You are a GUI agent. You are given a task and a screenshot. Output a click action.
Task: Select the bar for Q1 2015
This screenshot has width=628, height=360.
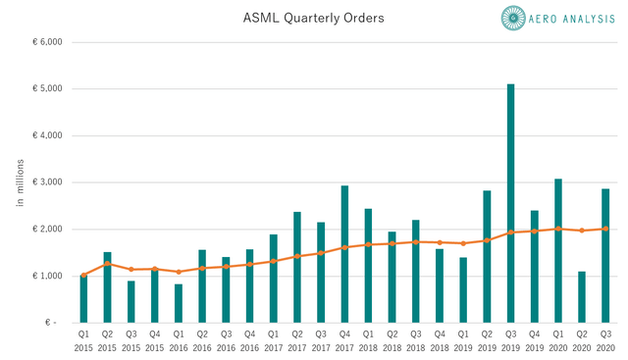point(83,299)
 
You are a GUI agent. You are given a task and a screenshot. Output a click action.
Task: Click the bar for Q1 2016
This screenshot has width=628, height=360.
point(178,303)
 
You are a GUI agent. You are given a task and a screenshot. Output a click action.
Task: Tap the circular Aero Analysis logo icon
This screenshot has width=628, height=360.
point(515,17)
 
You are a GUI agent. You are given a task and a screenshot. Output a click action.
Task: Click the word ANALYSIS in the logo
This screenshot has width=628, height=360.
point(590,17)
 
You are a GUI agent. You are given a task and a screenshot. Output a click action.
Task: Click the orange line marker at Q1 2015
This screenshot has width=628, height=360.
point(83,276)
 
